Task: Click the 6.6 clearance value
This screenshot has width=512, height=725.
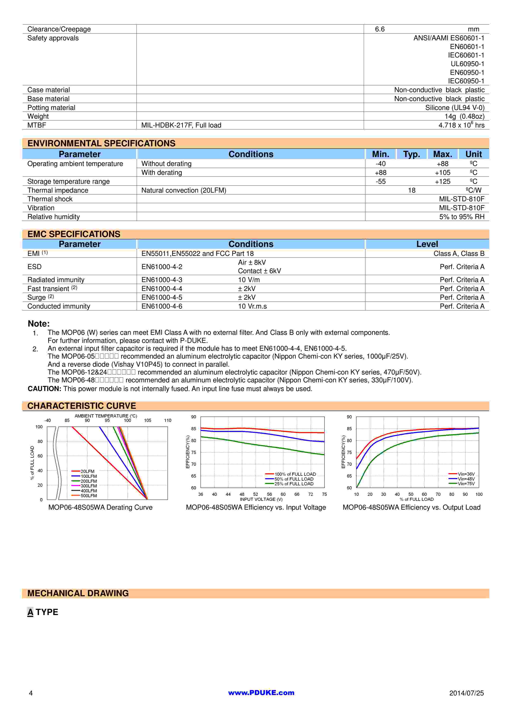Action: [379, 29]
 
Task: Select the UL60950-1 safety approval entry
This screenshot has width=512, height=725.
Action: [467, 64]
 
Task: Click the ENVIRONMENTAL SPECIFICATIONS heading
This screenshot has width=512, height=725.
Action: [101, 143]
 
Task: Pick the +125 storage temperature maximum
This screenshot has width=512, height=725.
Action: [443, 181]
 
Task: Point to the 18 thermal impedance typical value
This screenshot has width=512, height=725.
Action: [412, 190]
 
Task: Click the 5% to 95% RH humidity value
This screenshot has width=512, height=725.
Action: [462, 217]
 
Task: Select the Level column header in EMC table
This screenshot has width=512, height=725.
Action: [427, 244]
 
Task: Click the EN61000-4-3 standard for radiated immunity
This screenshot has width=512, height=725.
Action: [162, 280]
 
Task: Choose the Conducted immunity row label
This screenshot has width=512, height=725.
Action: [59, 306]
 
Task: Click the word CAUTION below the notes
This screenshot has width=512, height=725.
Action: [44, 389]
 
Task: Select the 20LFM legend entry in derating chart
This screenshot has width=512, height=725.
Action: [87, 471]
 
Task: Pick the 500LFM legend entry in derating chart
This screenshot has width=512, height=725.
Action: [89, 496]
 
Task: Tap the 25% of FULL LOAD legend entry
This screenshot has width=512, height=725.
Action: [294, 484]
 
